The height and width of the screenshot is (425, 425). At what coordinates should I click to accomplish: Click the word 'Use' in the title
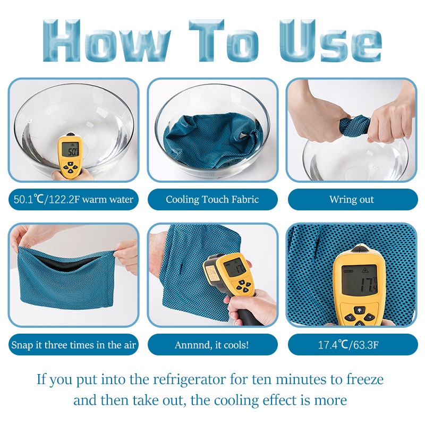330,41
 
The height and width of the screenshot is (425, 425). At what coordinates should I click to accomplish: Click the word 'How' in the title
107,41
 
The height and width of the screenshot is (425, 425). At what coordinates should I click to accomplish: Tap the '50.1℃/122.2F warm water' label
73,200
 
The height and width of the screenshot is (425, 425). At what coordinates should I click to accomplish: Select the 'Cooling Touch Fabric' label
212,200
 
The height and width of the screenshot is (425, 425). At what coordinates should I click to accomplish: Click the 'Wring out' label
352,200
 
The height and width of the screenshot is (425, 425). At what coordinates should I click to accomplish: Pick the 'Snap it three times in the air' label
73,345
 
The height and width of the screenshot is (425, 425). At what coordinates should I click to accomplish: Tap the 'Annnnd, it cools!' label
212,345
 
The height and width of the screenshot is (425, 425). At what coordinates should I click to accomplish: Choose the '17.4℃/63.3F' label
352,345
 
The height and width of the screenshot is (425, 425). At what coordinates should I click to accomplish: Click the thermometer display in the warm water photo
70,150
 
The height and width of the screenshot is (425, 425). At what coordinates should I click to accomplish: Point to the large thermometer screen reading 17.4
360,280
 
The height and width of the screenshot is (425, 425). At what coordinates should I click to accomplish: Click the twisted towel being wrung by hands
354,125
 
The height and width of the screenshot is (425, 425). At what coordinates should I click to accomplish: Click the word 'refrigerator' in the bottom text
189,379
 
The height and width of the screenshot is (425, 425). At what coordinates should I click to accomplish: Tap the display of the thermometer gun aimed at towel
235,267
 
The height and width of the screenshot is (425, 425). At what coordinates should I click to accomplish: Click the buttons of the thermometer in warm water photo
70,167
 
